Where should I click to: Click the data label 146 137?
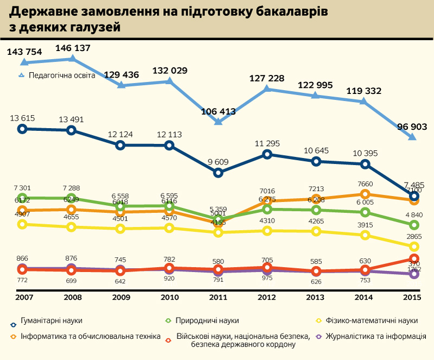72,48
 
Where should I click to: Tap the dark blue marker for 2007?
22,129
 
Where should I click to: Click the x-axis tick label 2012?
267,298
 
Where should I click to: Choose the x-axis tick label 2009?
120,298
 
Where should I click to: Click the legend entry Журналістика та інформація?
380,337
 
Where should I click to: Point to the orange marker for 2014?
365,194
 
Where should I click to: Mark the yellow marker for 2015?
414,247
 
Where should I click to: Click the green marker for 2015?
414,225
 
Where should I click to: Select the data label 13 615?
22,118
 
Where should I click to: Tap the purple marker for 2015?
414,274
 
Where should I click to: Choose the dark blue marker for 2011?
218,173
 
